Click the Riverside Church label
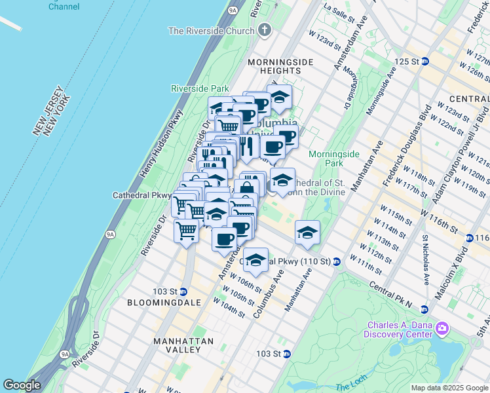tap(211, 30)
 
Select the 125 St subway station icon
tap(424, 61)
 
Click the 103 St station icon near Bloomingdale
tap(183, 291)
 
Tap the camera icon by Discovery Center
tap(442, 327)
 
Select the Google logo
tap(22, 385)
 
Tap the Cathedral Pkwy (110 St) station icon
tap(337, 261)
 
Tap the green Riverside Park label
tap(200, 88)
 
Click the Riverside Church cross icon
tap(264, 30)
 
